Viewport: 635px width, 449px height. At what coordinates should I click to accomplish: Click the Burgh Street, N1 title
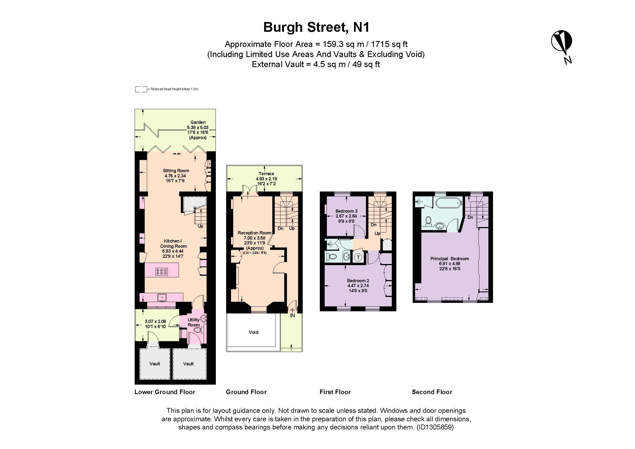point(316,27)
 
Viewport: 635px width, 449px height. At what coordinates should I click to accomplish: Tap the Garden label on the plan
point(198,122)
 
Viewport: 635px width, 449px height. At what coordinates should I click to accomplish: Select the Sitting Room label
point(176,171)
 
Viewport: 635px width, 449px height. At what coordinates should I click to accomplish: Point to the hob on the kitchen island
point(162,272)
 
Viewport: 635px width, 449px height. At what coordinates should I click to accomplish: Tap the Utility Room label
point(194,322)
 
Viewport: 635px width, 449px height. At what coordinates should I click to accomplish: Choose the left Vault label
point(154,364)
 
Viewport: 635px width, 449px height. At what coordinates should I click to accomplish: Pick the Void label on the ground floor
point(253,332)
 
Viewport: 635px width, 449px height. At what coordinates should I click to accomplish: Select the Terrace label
point(266,174)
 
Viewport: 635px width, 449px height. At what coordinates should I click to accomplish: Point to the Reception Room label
point(254,233)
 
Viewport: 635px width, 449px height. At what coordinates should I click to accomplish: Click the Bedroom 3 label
point(346,211)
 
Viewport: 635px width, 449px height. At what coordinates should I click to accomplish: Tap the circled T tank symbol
point(358,258)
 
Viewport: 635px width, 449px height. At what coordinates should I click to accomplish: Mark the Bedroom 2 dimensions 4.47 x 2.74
point(358,285)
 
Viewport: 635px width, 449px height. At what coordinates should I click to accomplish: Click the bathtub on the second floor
point(448,203)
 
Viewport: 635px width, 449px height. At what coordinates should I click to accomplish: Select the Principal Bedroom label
point(450,259)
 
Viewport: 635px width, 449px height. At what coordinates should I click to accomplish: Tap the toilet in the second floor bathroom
point(429,221)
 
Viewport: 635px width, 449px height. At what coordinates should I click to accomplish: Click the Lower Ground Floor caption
point(165,392)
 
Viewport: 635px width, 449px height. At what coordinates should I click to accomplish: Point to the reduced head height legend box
point(141,89)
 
